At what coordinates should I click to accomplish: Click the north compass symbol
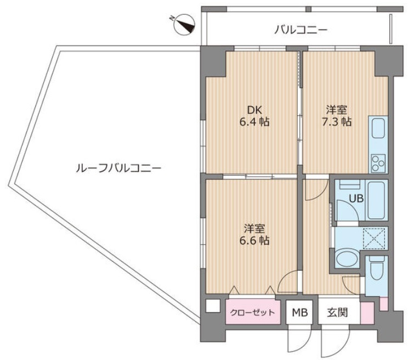pos(184,25)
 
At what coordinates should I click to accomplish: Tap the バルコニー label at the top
pos(301,30)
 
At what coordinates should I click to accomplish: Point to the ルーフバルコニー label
pos(118,168)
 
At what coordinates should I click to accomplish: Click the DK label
pos(254,110)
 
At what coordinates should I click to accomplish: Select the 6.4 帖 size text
pos(254,122)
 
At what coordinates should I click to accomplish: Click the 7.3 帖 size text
pos(337,122)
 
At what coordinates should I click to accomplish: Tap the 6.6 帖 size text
pos(254,240)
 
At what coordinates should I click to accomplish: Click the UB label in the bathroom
pos(356,199)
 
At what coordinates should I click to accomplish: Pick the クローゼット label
pos(252,312)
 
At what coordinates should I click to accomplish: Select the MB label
pos(300,312)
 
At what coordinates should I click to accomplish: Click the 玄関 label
pos(337,312)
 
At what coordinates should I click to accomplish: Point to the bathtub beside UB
pos(377,200)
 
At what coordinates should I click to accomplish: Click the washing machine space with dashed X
pos(374,238)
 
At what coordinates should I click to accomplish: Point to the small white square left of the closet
pos(213,306)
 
